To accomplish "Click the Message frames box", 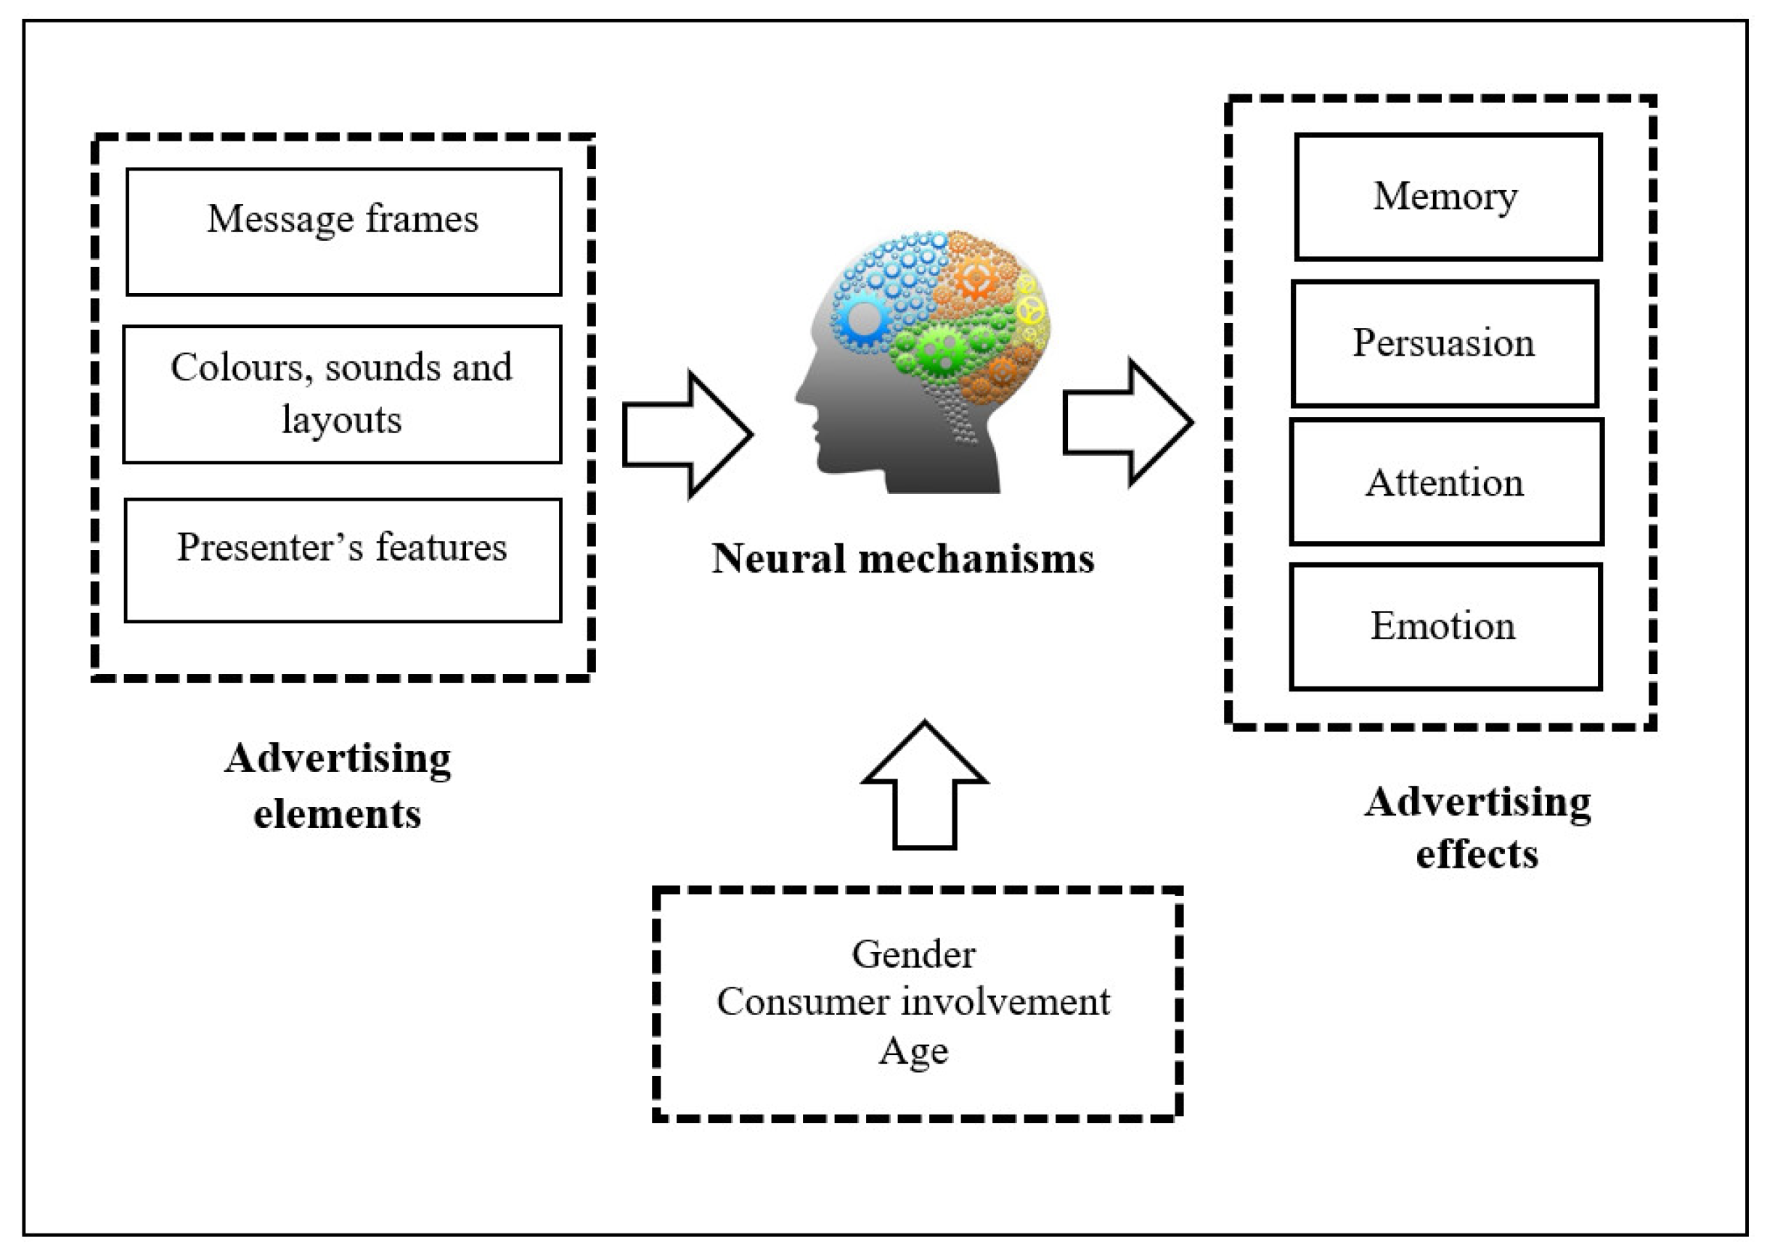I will tap(343, 231).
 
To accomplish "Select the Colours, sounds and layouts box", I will tap(342, 394).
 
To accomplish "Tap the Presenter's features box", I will tap(343, 559).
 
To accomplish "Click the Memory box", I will tap(1448, 197).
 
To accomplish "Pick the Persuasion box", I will tap(1445, 343).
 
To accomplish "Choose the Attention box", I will tap(1446, 482).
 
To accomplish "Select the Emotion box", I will tap(1445, 626).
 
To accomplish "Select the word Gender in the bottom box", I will tap(913, 954).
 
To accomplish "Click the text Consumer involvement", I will tap(913, 1002).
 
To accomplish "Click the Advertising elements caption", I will tap(338, 786).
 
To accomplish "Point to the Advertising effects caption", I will tap(1477, 828).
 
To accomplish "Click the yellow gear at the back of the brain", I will tap(1029, 310).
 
